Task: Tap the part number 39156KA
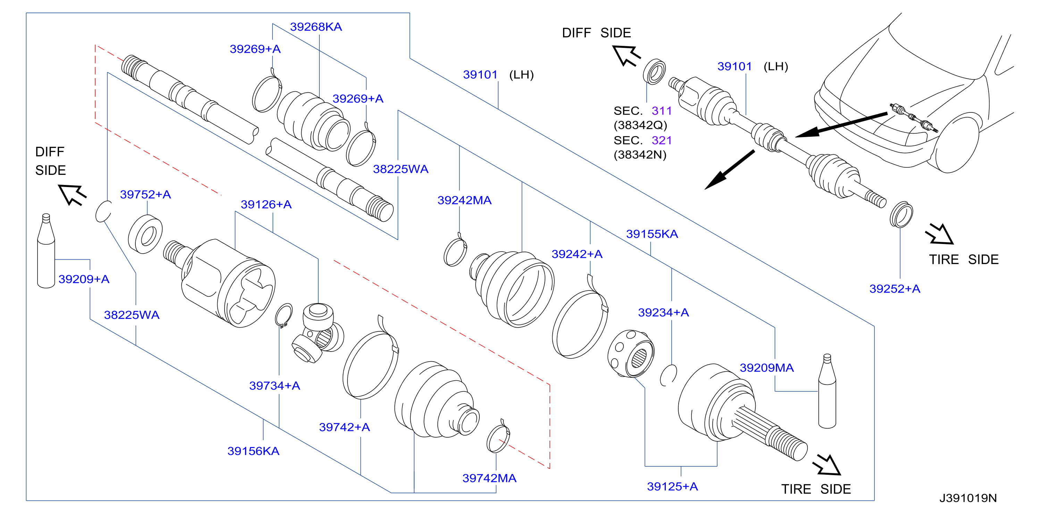(x=253, y=451)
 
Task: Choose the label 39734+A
(x=275, y=385)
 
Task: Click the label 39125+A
(x=672, y=486)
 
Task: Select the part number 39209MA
(x=766, y=368)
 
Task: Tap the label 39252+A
(x=895, y=288)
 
